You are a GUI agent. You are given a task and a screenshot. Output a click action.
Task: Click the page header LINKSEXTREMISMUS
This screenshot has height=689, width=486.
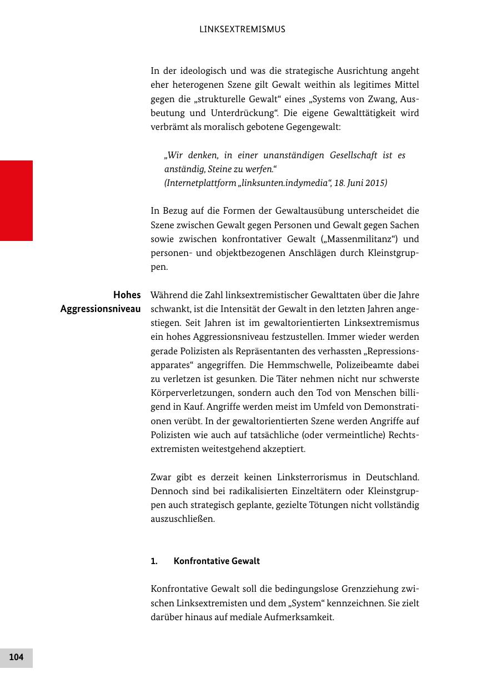242,29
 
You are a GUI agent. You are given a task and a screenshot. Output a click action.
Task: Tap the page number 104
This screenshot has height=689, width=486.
16,657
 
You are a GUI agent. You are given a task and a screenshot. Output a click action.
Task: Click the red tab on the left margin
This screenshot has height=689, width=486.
16,200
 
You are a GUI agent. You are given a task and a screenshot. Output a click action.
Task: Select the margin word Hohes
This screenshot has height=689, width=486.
127,295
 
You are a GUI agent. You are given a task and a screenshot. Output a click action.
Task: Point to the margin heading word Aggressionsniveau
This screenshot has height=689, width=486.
101,309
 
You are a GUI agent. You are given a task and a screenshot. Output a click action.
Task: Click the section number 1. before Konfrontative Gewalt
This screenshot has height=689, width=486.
154,561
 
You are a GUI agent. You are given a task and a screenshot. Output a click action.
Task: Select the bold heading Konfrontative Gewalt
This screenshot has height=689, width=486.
217,561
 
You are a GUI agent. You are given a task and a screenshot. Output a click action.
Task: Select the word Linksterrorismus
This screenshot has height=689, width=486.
286,477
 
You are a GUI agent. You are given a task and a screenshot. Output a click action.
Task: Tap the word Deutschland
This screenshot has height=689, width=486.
392,477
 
